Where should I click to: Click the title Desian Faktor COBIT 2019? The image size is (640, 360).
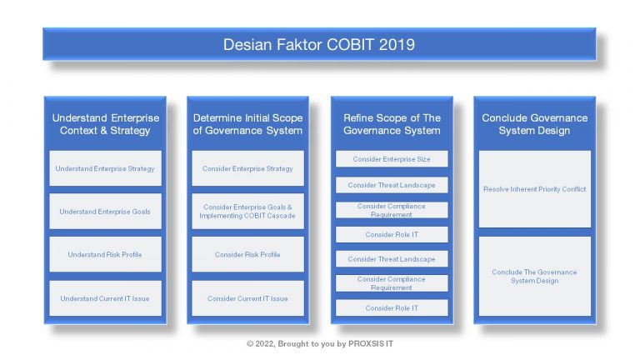pyautogui.click(x=319, y=44)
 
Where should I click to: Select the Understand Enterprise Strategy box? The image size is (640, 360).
pyautogui.click(x=105, y=168)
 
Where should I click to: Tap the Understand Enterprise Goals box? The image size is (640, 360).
pyautogui.click(x=105, y=212)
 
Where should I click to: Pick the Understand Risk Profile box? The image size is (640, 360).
pyautogui.click(x=105, y=255)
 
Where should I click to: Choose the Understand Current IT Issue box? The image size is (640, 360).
pyautogui.click(x=105, y=298)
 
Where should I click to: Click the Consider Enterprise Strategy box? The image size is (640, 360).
pyautogui.click(x=247, y=168)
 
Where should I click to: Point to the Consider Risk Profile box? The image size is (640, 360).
pyautogui.click(x=247, y=255)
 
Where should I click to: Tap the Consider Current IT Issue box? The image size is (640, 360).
pyautogui.click(x=247, y=298)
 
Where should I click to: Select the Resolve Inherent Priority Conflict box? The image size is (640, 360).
pyautogui.click(x=534, y=189)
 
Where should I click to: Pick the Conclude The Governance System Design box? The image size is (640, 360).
pyautogui.click(x=534, y=277)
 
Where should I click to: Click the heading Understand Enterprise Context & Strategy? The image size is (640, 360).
pyautogui.click(x=105, y=124)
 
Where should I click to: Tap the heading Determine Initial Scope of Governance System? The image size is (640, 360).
pyautogui.click(x=247, y=124)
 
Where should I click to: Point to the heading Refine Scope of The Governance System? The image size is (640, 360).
pyautogui.click(x=392, y=124)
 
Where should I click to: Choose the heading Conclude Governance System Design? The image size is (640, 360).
pyautogui.click(x=534, y=124)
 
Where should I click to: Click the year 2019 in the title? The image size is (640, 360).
pyautogui.click(x=397, y=44)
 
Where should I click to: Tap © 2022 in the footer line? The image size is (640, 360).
pyautogui.click(x=261, y=343)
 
